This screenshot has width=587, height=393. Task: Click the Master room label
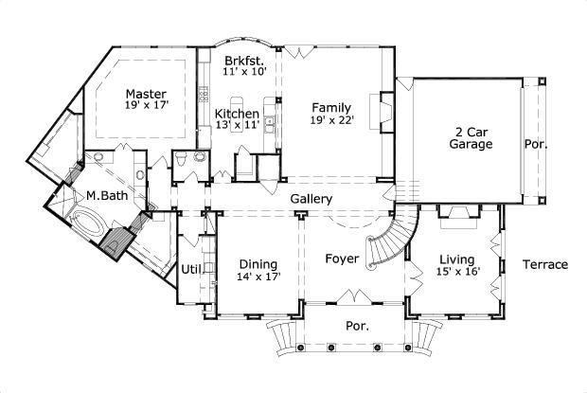[x=147, y=95]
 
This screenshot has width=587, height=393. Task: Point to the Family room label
[x=329, y=108]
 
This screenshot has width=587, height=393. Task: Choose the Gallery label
[x=311, y=199]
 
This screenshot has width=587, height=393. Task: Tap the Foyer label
[x=341, y=258]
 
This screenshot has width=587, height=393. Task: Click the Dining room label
[x=257, y=264]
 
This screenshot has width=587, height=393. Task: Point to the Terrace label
[x=544, y=264]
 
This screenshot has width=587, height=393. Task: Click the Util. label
[x=192, y=269]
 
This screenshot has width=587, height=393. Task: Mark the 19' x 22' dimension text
[x=329, y=121]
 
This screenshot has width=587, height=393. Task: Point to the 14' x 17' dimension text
[x=257, y=277]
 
